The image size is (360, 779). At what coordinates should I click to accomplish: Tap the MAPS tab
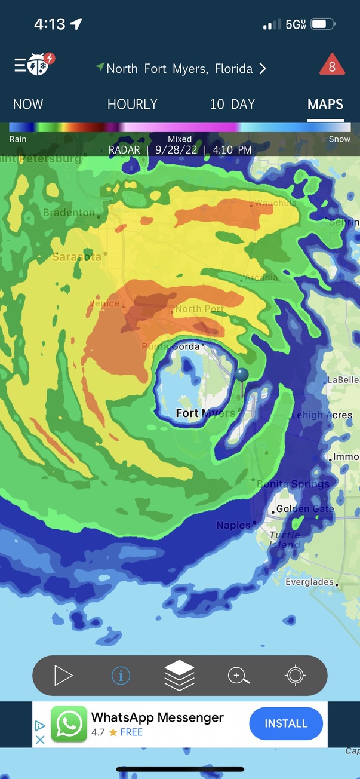325,105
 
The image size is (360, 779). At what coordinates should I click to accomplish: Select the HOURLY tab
132,105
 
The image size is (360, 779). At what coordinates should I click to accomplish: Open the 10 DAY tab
232,105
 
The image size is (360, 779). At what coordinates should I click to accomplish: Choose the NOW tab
28,105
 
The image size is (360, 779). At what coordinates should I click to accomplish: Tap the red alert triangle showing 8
332,65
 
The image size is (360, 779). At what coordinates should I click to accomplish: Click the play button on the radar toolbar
63,676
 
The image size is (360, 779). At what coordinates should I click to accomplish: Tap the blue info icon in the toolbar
121,676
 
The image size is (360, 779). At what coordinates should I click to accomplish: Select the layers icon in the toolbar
180,676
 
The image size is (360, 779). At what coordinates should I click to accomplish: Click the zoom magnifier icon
238,676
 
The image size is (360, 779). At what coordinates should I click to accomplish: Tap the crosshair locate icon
296,676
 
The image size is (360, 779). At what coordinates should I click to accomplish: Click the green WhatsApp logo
69,724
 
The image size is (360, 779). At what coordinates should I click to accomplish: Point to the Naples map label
233,525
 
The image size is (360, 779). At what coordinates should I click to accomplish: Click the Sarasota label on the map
76,257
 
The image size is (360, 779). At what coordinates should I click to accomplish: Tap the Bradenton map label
69,213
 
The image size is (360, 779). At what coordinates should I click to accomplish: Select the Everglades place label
309,582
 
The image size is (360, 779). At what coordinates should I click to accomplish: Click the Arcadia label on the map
261,277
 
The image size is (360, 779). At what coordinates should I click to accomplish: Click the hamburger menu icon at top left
20,65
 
